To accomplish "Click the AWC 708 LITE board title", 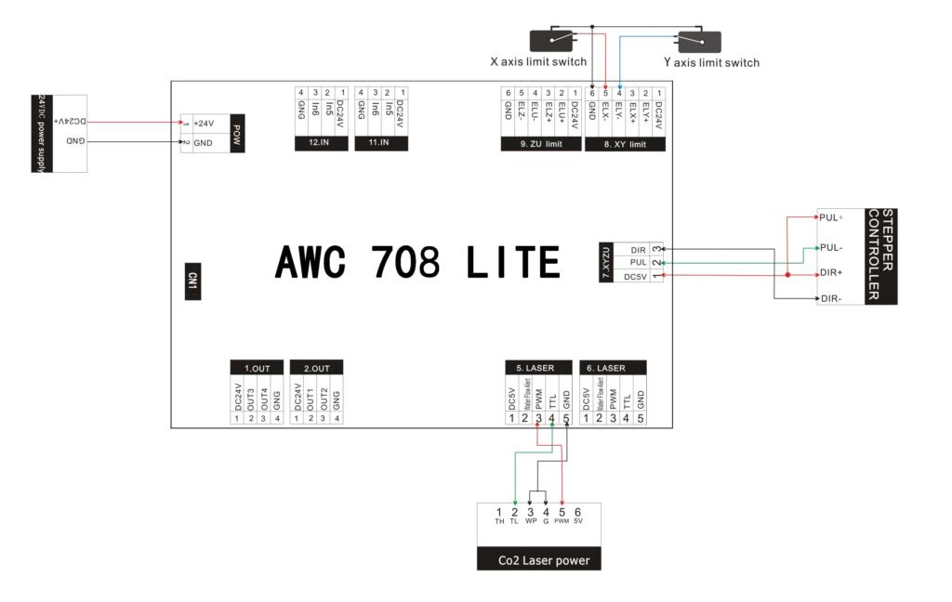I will (417, 263).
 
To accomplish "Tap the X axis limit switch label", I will (538, 62).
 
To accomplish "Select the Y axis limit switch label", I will (711, 62).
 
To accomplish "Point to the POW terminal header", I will (237, 132).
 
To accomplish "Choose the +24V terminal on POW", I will (204, 124).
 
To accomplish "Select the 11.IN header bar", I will (380, 144).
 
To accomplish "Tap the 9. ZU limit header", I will (541, 144).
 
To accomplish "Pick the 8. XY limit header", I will (625, 144).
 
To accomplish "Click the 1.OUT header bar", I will (257, 368).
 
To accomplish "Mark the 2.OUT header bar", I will (317, 368).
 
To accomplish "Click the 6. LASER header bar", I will (614, 368).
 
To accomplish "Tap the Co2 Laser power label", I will (538, 560).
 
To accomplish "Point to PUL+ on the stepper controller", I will (831, 217).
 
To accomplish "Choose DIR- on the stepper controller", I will (831, 298).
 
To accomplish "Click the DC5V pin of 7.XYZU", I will (636, 276).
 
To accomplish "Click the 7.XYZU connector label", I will (607, 263).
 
